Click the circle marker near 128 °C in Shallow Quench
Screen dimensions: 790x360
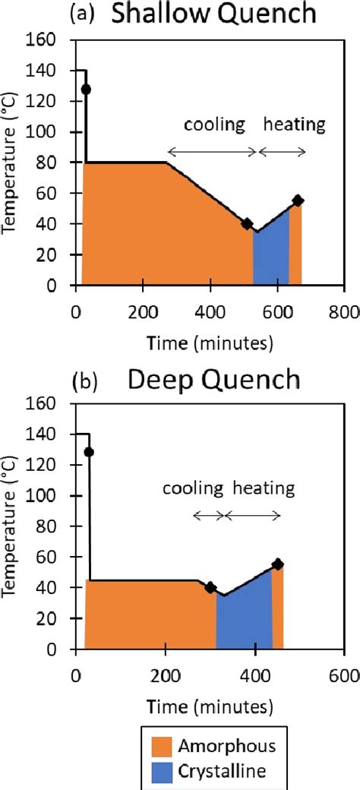[86, 90]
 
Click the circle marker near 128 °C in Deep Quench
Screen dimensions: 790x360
[89, 452]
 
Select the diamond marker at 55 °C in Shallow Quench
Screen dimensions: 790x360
[298, 201]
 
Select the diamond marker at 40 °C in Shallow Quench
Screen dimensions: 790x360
[247, 223]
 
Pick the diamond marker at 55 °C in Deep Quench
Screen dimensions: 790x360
[278, 564]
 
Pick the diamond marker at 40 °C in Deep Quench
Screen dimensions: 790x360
[210, 587]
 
